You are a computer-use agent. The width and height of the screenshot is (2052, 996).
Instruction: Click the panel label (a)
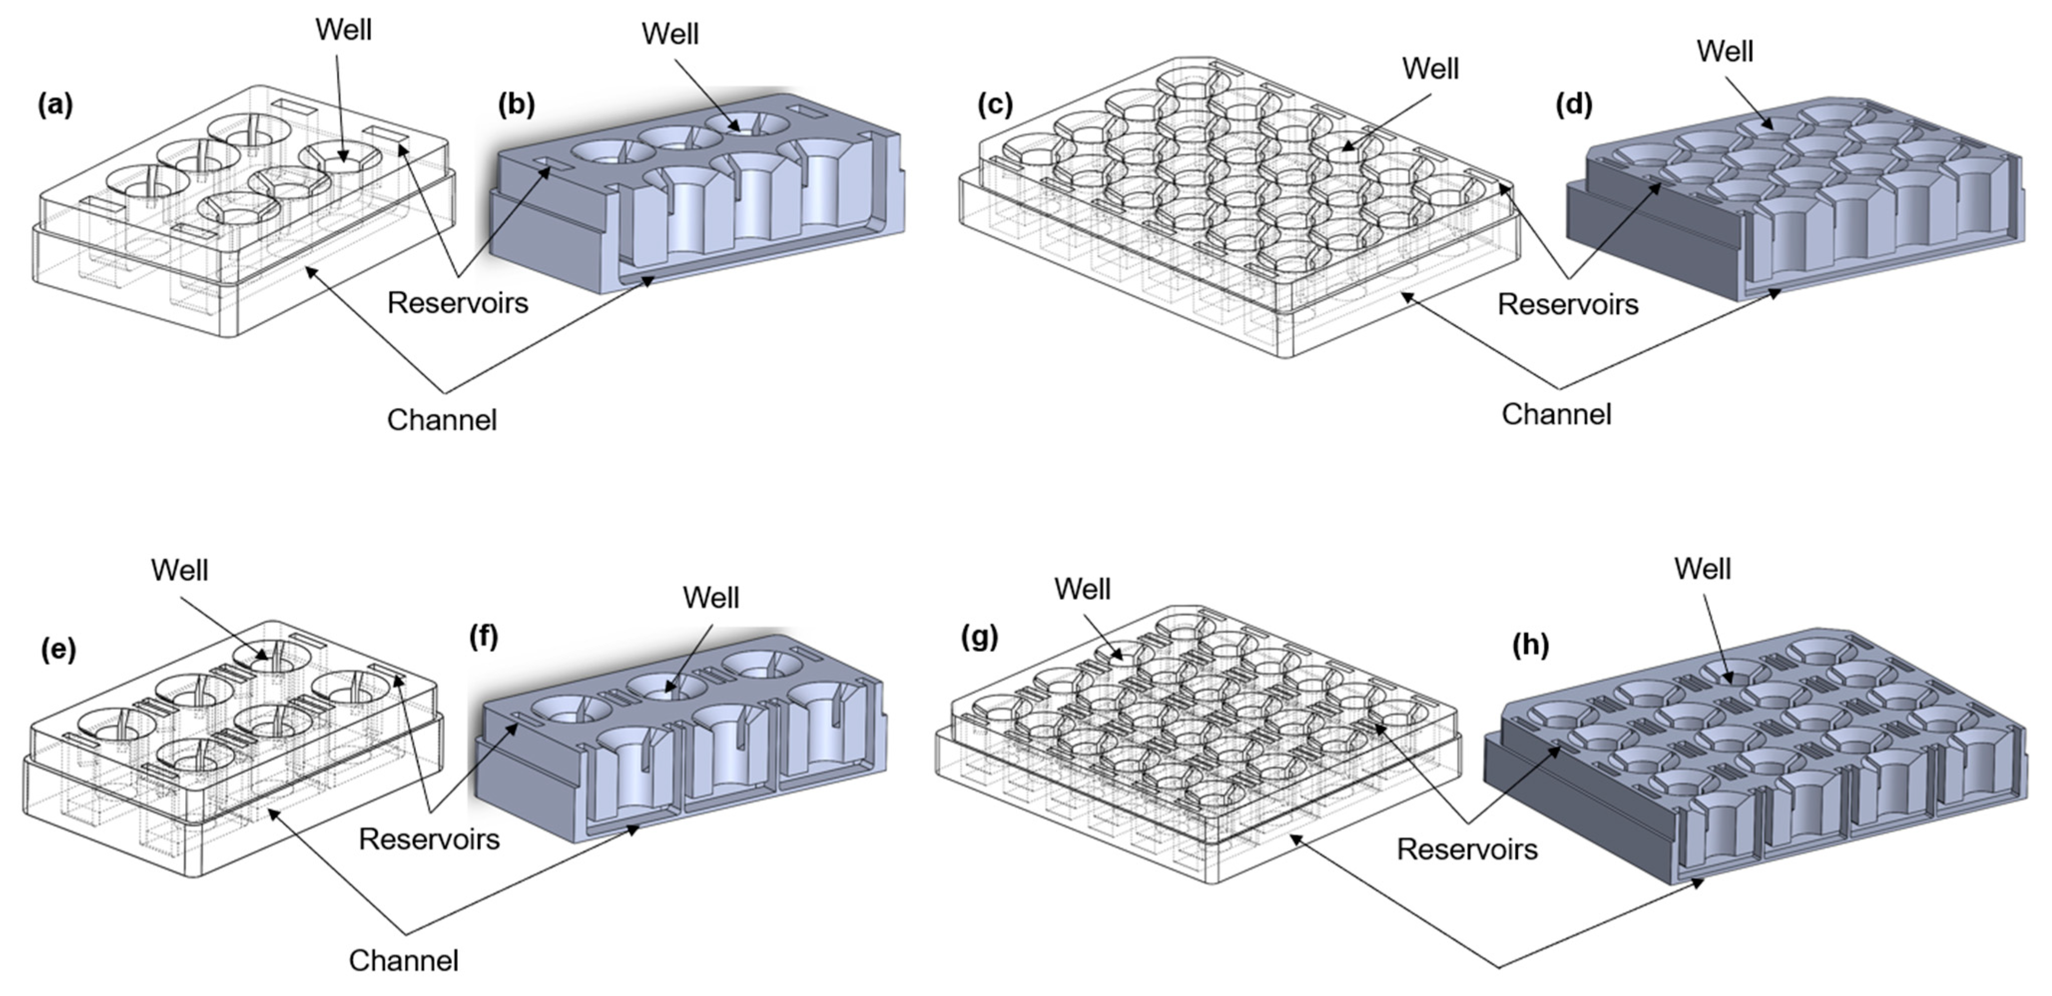[55, 105]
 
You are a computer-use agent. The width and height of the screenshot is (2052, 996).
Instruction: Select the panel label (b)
[516, 105]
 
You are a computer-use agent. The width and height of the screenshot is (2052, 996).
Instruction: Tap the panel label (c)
[995, 105]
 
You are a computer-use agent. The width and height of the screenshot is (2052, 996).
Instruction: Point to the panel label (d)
[1574, 105]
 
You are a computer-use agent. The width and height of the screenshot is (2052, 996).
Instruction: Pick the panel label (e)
[58, 650]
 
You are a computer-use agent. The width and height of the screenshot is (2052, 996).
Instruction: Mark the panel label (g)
[979, 638]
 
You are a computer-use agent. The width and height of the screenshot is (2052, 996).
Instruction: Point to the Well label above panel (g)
[1082, 590]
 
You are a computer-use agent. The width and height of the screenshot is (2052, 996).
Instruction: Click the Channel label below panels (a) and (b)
[441, 420]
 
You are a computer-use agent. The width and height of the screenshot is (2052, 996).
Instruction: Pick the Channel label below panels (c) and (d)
[1556, 414]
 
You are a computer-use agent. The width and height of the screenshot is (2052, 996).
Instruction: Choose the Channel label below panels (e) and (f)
[403, 960]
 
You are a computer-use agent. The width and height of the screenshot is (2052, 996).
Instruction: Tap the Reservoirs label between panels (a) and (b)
[457, 303]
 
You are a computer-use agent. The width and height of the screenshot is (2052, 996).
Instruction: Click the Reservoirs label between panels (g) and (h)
[1466, 849]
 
